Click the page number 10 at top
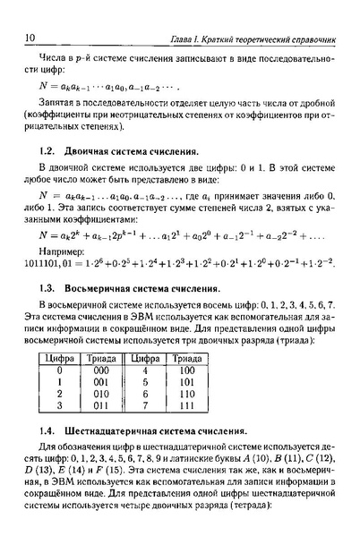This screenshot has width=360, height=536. [x=30, y=38]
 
